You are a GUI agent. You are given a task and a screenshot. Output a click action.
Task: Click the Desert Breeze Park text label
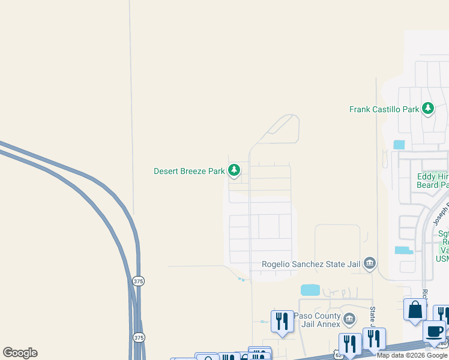[x=189, y=171]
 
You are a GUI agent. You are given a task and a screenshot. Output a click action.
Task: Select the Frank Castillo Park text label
[x=384, y=109]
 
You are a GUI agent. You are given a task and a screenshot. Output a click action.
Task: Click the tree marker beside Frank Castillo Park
[x=428, y=109]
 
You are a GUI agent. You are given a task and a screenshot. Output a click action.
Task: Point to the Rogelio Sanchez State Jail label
[x=311, y=264]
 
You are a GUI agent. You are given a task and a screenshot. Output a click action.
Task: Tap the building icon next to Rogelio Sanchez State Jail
[x=370, y=263]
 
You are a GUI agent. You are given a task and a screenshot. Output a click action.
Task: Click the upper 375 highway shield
[x=139, y=281]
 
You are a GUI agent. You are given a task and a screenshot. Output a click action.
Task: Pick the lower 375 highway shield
[x=139, y=337]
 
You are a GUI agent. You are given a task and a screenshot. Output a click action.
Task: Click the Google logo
[x=20, y=353]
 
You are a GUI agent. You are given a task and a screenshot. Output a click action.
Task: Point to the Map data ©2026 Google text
[x=412, y=356]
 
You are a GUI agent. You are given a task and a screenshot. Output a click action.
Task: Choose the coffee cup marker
[x=434, y=331]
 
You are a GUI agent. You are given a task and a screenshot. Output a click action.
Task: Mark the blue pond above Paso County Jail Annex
[x=310, y=290]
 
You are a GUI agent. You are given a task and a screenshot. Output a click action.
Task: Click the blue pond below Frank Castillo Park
[x=399, y=145]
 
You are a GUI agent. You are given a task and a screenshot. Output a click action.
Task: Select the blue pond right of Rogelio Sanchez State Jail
[x=405, y=250]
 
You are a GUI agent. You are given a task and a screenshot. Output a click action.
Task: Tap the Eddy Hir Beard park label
[x=432, y=181]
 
